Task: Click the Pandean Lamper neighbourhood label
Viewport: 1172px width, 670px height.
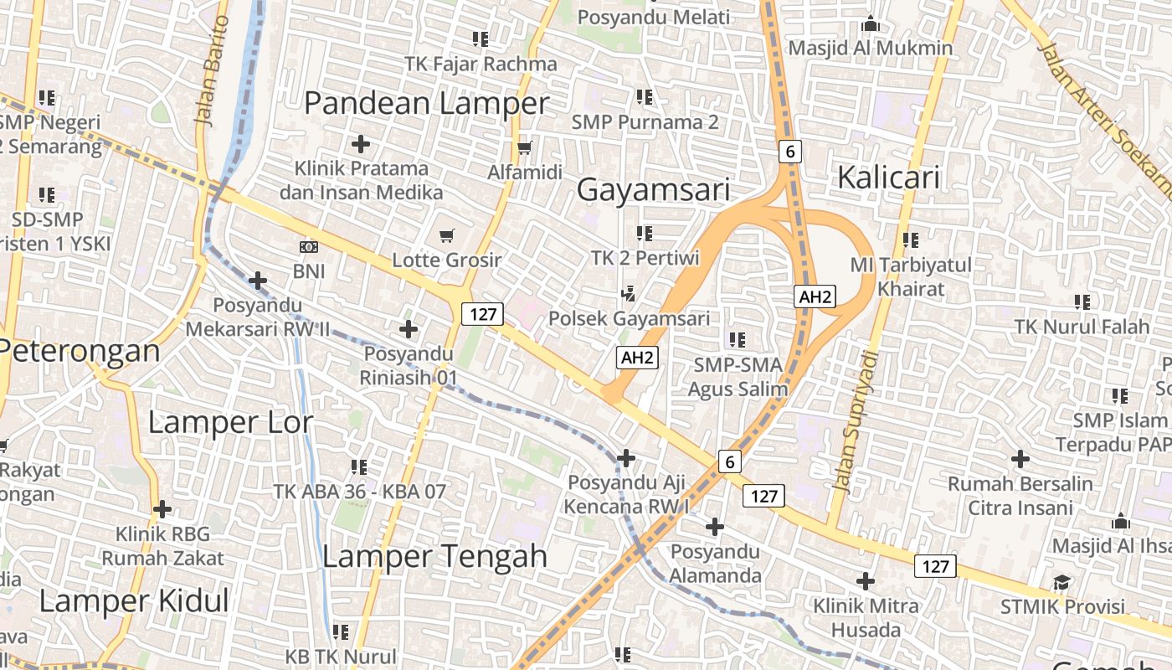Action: (x=426, y=104)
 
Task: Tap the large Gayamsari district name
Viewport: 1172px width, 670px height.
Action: (x=654, y=190)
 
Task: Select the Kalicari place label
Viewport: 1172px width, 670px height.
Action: (x=888, y=178)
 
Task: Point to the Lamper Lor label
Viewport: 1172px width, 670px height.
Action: (x=230, y=422)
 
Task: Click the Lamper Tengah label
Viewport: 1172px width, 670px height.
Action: (x=434, y=556)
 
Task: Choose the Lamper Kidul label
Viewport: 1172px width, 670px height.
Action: (x=134, y=600)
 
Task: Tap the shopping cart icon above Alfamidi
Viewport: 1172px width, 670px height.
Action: (x=525, y=148)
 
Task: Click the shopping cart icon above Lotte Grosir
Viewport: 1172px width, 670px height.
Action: (x=447, y=235)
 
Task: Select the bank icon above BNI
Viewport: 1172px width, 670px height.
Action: (x=309, y=247)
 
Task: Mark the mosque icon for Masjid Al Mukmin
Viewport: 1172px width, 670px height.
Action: (x=871, y=23)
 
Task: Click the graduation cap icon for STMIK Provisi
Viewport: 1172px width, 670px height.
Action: (x=1062, y=582)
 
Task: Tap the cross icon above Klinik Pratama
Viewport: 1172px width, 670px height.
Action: (x=361, y=144)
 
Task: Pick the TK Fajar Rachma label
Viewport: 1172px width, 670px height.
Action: (x=481, y=64)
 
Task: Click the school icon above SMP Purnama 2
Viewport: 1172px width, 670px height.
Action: (x=644, y=97)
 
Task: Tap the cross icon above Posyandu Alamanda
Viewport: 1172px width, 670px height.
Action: (x=714, y=527)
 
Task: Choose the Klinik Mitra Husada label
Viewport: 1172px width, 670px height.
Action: (x=866, y=617)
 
